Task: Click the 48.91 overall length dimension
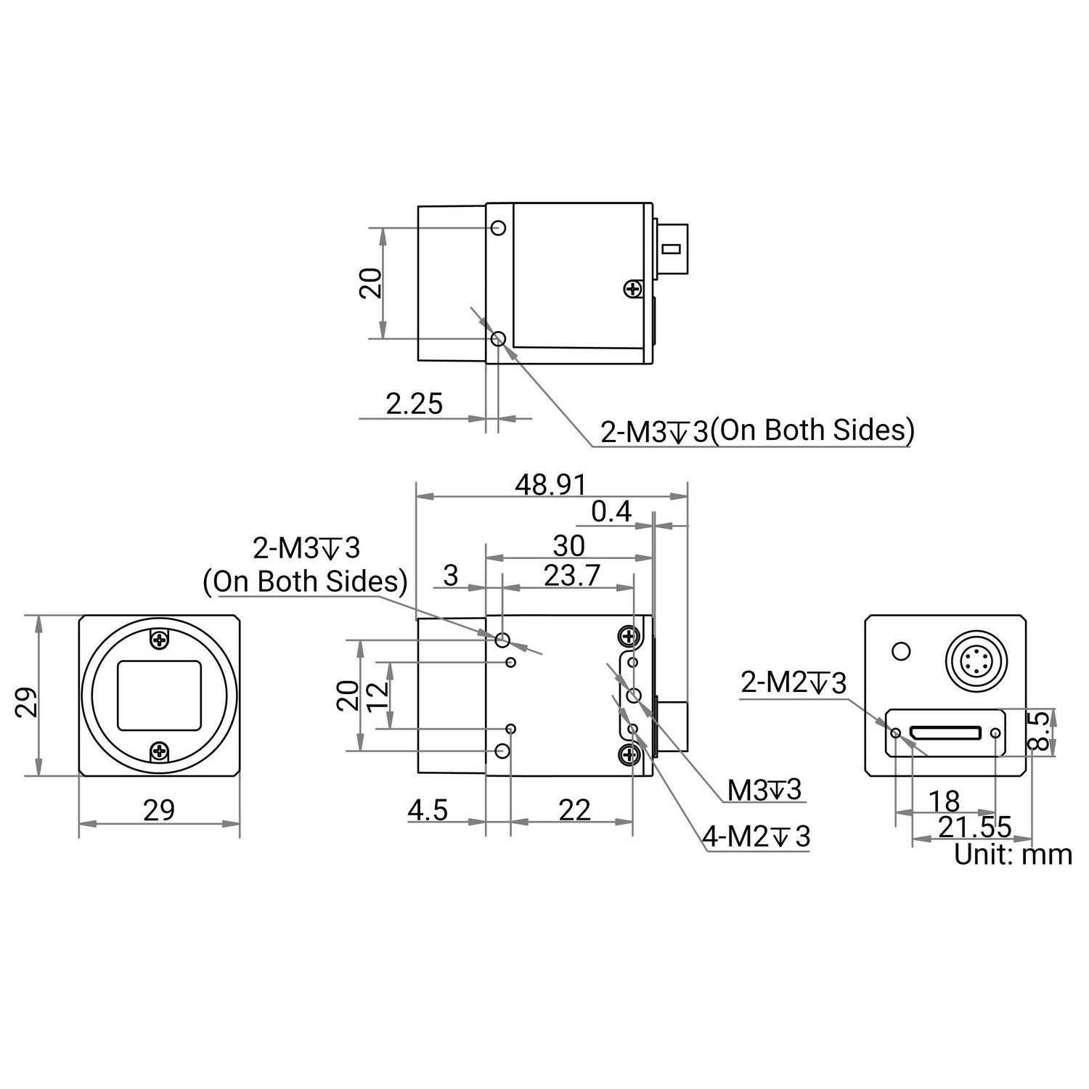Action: (x=550, y=485)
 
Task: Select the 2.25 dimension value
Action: (x=414, y=404)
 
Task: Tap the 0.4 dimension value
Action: (x=611, y=513)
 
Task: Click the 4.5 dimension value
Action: (x=428, y=810)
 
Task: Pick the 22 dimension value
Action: (x=575, y=810)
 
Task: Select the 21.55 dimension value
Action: (x=975, y=827)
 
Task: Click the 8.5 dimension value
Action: (x=1040, y=731)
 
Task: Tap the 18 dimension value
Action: (x=944, y=802)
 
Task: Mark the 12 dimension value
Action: (x=378, y=696)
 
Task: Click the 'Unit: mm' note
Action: (x=1012, y=855)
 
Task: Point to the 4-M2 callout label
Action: (x=755, y=837)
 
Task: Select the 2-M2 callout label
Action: (x=793, y=683)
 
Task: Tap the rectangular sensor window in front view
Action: (x=160, y=696)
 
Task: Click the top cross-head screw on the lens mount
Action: (x=160, y=640)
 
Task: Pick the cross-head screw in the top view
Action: (x=633, y=290)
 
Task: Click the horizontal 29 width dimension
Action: (x=159, y=810)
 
